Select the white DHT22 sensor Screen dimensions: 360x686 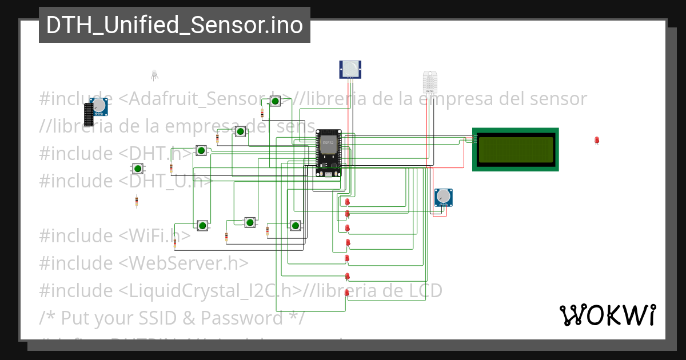point(429,82)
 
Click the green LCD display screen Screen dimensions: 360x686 point(515,149)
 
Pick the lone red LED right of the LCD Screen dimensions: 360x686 point(597,140)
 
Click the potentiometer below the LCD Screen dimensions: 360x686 point(443,197)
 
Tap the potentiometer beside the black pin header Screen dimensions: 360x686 point(99,106)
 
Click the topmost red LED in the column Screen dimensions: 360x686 point(347,202)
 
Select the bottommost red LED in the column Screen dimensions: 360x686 point(347,292)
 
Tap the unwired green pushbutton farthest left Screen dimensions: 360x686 point(137,168)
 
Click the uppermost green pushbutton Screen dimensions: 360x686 point(275,102)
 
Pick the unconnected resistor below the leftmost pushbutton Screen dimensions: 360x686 point(137,201)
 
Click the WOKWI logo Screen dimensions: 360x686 point(607,315)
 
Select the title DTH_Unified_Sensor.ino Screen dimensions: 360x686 point(174,25)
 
